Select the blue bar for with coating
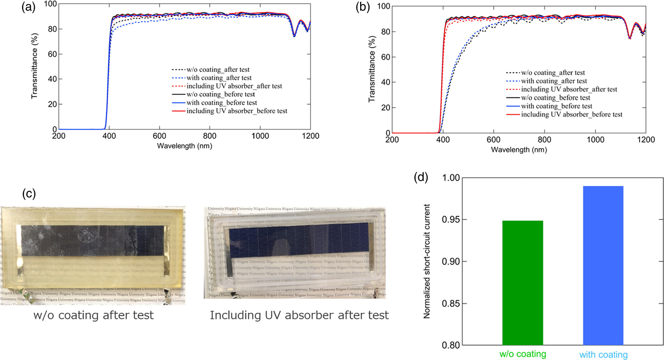tap(603, 265)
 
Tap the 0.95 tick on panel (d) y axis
tap(450, 220)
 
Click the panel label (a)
tap(29, 7)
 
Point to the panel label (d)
tap(421, 177)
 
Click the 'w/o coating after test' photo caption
tap(94, 315)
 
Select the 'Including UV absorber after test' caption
tap(299, 315)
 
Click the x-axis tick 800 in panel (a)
tap(210, 136)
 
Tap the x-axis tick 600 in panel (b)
tap(494, 140)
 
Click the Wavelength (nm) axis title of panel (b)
tap(519, 149)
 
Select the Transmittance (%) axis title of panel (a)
tap(35, 66)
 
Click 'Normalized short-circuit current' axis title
tap(427, 261)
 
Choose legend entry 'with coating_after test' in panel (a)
tap(219, 78)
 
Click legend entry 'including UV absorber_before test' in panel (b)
tap(571, 114)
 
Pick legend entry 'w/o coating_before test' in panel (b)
tap(555, 98)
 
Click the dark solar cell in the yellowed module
tap(92, 240)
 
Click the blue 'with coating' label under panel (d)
tap(603, 355)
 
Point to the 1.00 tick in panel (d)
tap(450, 178)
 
